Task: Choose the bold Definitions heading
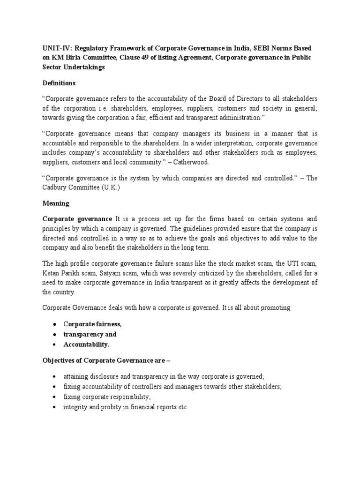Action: [x=59, y=83]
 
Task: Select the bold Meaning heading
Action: [x=56, y=203]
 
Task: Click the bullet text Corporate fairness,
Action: [x=93, y=324]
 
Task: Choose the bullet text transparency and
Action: [x=90, y=334]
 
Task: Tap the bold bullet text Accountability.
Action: [x=86, y=345]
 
